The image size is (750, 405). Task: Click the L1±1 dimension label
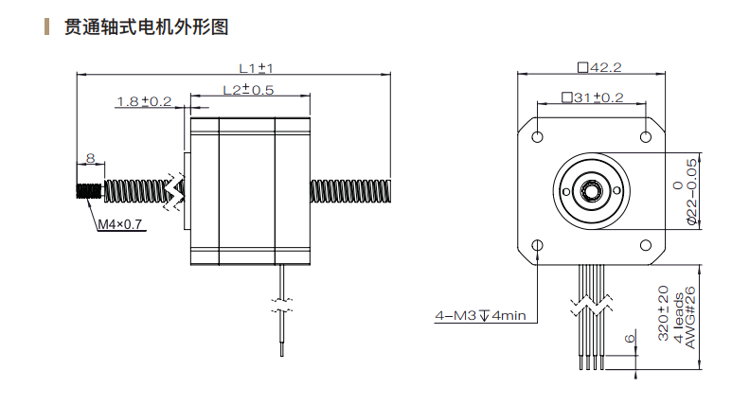256,68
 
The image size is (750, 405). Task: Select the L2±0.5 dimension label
248,90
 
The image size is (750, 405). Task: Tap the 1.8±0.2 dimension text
144,101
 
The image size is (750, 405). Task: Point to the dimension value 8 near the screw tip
89,158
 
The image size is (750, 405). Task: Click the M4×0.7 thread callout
120,224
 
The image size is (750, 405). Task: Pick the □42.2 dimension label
598,67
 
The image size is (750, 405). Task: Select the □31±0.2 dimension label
592,97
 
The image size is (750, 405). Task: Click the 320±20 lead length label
663,313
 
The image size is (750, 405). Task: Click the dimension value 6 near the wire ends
629,338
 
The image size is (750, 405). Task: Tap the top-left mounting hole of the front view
538,136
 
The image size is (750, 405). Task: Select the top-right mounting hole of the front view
647,136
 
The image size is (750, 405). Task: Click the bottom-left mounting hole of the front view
538,245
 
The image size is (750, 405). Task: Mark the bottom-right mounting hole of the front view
647,245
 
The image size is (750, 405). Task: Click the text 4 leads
678,318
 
